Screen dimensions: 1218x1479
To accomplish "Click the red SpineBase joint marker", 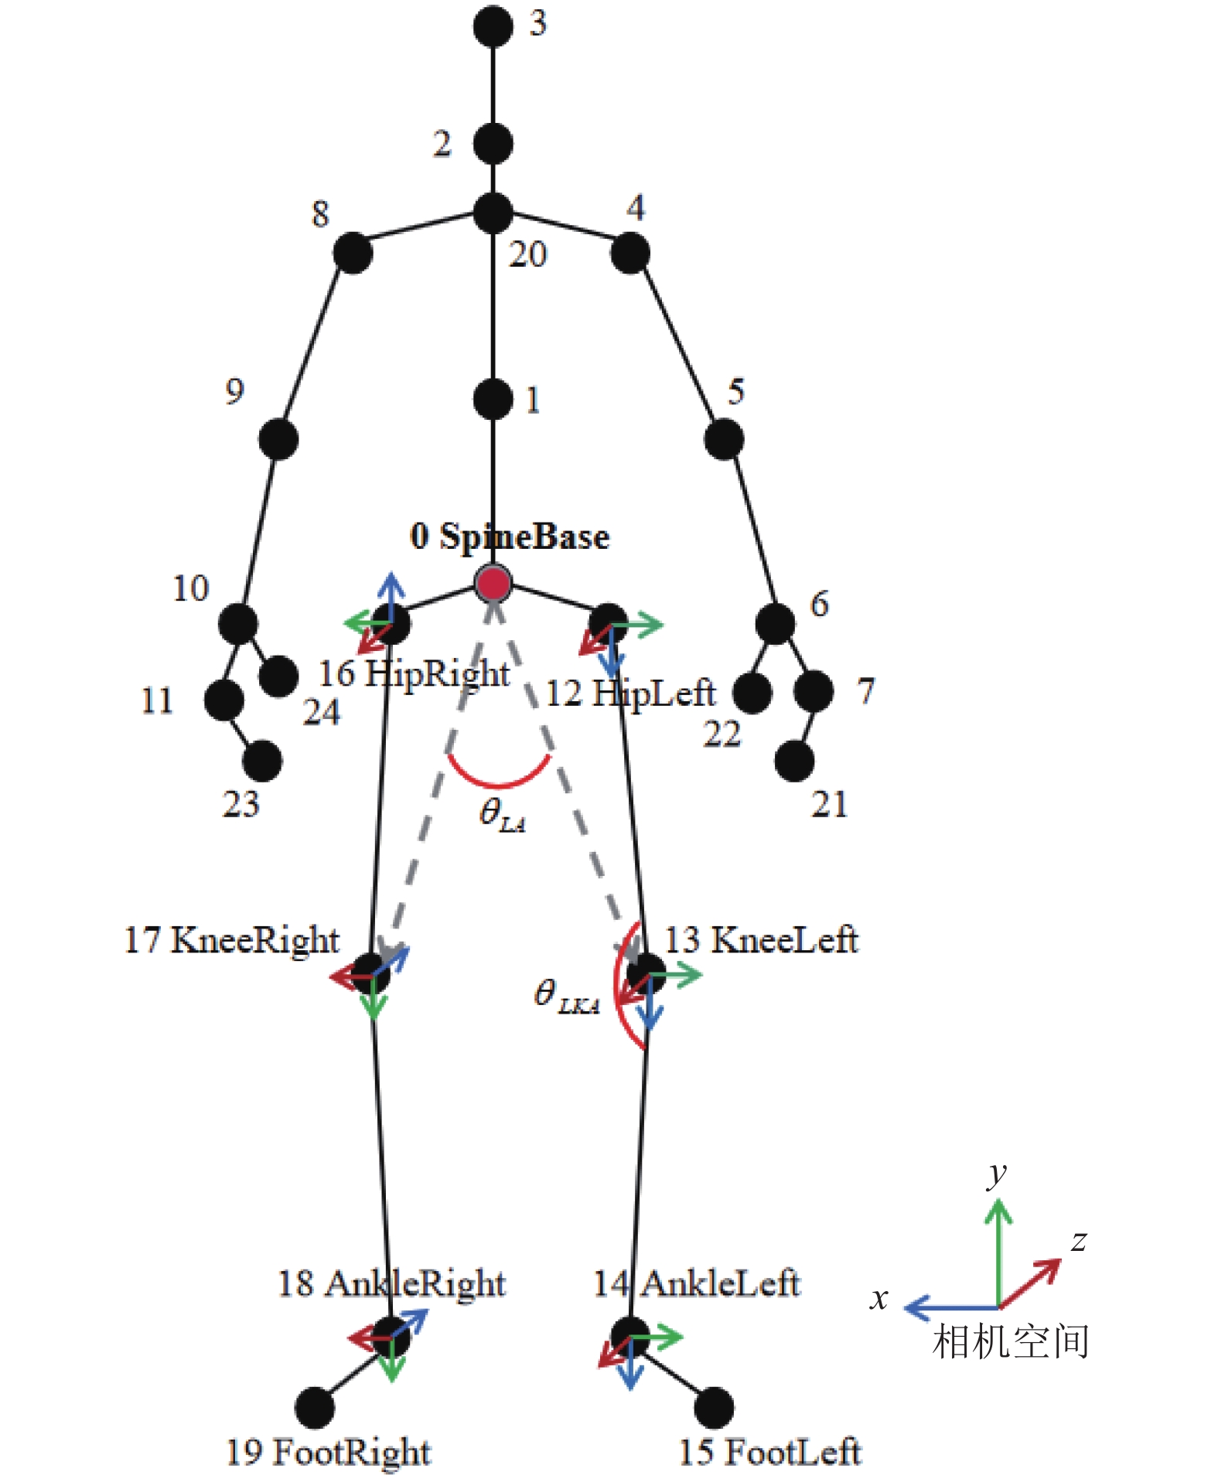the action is (x=493, y=584).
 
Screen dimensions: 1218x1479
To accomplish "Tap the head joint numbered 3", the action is (x=493, y=26).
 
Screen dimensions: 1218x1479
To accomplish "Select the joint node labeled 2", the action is (x=493, y=144).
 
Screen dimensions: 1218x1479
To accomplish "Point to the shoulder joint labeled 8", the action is (x=353, y=253).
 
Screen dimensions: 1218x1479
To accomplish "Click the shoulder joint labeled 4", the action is (x=630, y=253).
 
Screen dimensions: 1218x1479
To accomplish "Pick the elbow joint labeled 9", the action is (x=278, y=439).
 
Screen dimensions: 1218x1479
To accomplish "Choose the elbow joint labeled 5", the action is (x=724, y=439).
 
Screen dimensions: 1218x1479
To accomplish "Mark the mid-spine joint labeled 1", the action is (x=493, y=399).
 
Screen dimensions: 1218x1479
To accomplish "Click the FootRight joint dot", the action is (x=315, y=1407).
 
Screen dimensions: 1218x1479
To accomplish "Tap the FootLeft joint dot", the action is (x=714, y=1407).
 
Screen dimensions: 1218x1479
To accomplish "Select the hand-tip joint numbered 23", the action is (x=262, y=761).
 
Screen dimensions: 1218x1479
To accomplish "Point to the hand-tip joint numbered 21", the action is (x=794, y=761).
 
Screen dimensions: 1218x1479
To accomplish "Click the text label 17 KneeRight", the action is (x=232, y=940).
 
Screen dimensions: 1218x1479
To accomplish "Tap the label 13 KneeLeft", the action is (x=762, y=940).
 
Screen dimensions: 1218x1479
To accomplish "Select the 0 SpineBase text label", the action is (x=510, y=536).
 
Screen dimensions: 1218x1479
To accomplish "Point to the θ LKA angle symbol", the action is (x=567, y=996).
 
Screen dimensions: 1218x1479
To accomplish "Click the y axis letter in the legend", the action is (x=998, y=1174).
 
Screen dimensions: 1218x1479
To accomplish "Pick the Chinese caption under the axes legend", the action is (x=1011, y=1342).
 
